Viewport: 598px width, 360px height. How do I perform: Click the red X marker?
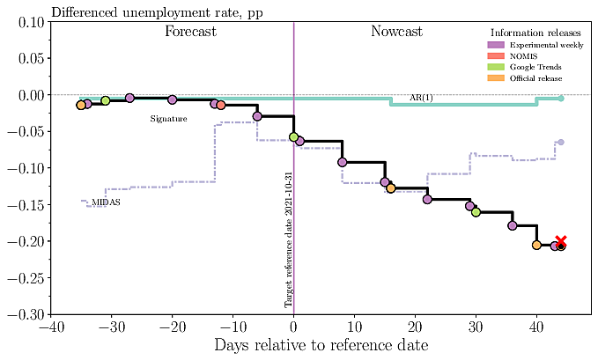[x=561, y=241]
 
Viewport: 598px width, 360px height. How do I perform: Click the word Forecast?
[x=191, y=32]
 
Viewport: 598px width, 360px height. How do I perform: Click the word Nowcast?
[x=396, y=32]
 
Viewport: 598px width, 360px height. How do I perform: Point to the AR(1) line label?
[x=422, y=97]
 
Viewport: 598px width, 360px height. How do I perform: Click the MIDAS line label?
[x=106, y=202]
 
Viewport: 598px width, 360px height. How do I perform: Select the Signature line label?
[x=168, y=118]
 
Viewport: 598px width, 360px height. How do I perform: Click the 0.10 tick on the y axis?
[x=30, y=22]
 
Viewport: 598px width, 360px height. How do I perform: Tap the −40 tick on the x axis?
[x=50, y=327]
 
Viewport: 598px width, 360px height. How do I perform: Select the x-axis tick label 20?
[x=415, y=327]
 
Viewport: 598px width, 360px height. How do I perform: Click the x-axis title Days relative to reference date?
[x=321, y=345]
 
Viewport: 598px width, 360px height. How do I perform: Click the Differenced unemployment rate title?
[x=144, y=11]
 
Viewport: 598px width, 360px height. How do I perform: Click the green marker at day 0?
[x=293, y=137]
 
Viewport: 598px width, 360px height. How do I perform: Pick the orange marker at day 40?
[x=536, y=245]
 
